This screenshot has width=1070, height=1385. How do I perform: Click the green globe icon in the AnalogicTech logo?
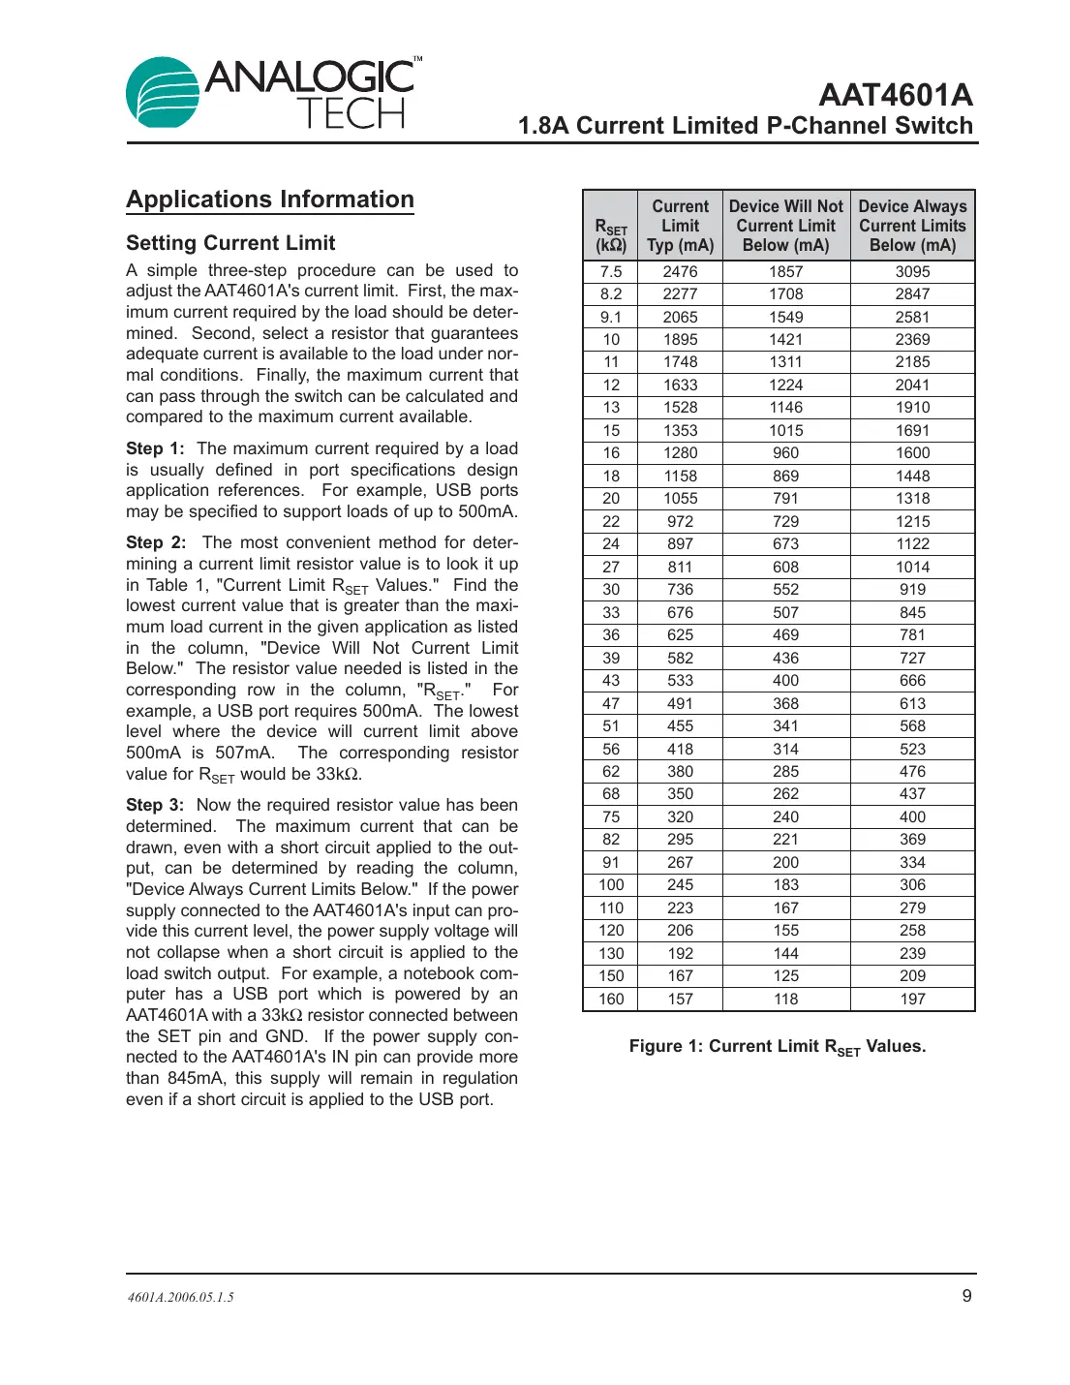pyautogui.click(x=163, y=93)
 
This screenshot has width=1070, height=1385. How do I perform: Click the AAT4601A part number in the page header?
pyautogui.click(x=895, y=95)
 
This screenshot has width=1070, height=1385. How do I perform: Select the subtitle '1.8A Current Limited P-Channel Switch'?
pyautogui.click(x=745, y=126)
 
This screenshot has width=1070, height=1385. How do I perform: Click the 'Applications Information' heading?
pyautogui.click(x=270, y=200)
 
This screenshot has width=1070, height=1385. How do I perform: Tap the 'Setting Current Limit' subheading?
pyautogui.click(x=230, y=243)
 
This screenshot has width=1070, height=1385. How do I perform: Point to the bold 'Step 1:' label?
pyautogui.click(x=155, y=448)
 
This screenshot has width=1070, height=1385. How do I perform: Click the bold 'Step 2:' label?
pyautogui.click(x=155, y=542)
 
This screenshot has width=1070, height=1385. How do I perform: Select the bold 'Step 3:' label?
pyautogui.click(x=155, y=805)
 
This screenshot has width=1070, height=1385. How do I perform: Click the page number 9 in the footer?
pyautogui.click(x=966, y=1296)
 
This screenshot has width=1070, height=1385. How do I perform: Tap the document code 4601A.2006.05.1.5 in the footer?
pyautogui.click(x=181, y=1297)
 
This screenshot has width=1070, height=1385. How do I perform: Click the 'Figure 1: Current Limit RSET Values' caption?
pyautogui.click(x=778, y=1047)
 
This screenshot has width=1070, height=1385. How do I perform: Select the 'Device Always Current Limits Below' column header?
pyautogui.click(x=912, y=226)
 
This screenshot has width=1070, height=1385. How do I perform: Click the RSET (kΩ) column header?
pyautogui.click(x=611, y=235)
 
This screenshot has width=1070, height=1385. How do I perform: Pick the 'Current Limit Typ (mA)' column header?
pyautogui.click(x=680, y=226)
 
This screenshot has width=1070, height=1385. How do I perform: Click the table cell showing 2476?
pyautogui.click(x=680, y=272)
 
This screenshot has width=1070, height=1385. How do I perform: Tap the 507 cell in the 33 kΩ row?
pyautogui.click(x=785, y=612)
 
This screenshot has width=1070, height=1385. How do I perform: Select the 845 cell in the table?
pyautogui.click(x=912, y=612)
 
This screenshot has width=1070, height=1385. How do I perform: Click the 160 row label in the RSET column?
pyautogui.click(x=611, y=999)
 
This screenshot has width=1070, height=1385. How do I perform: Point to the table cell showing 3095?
pyautogui.click(x=912, y=272)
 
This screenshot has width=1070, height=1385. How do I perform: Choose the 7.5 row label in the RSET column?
pyautogui.click(x=611, y=272)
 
